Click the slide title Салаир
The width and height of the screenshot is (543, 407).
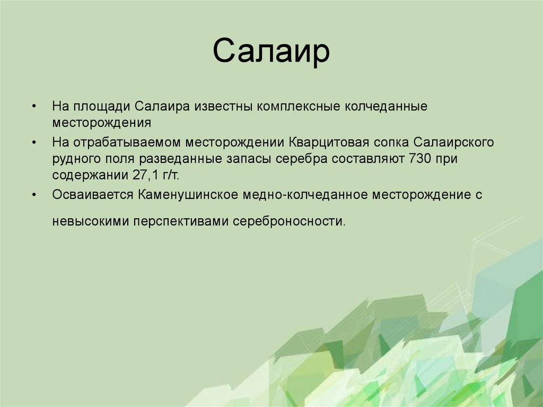click(x=271, y=53)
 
